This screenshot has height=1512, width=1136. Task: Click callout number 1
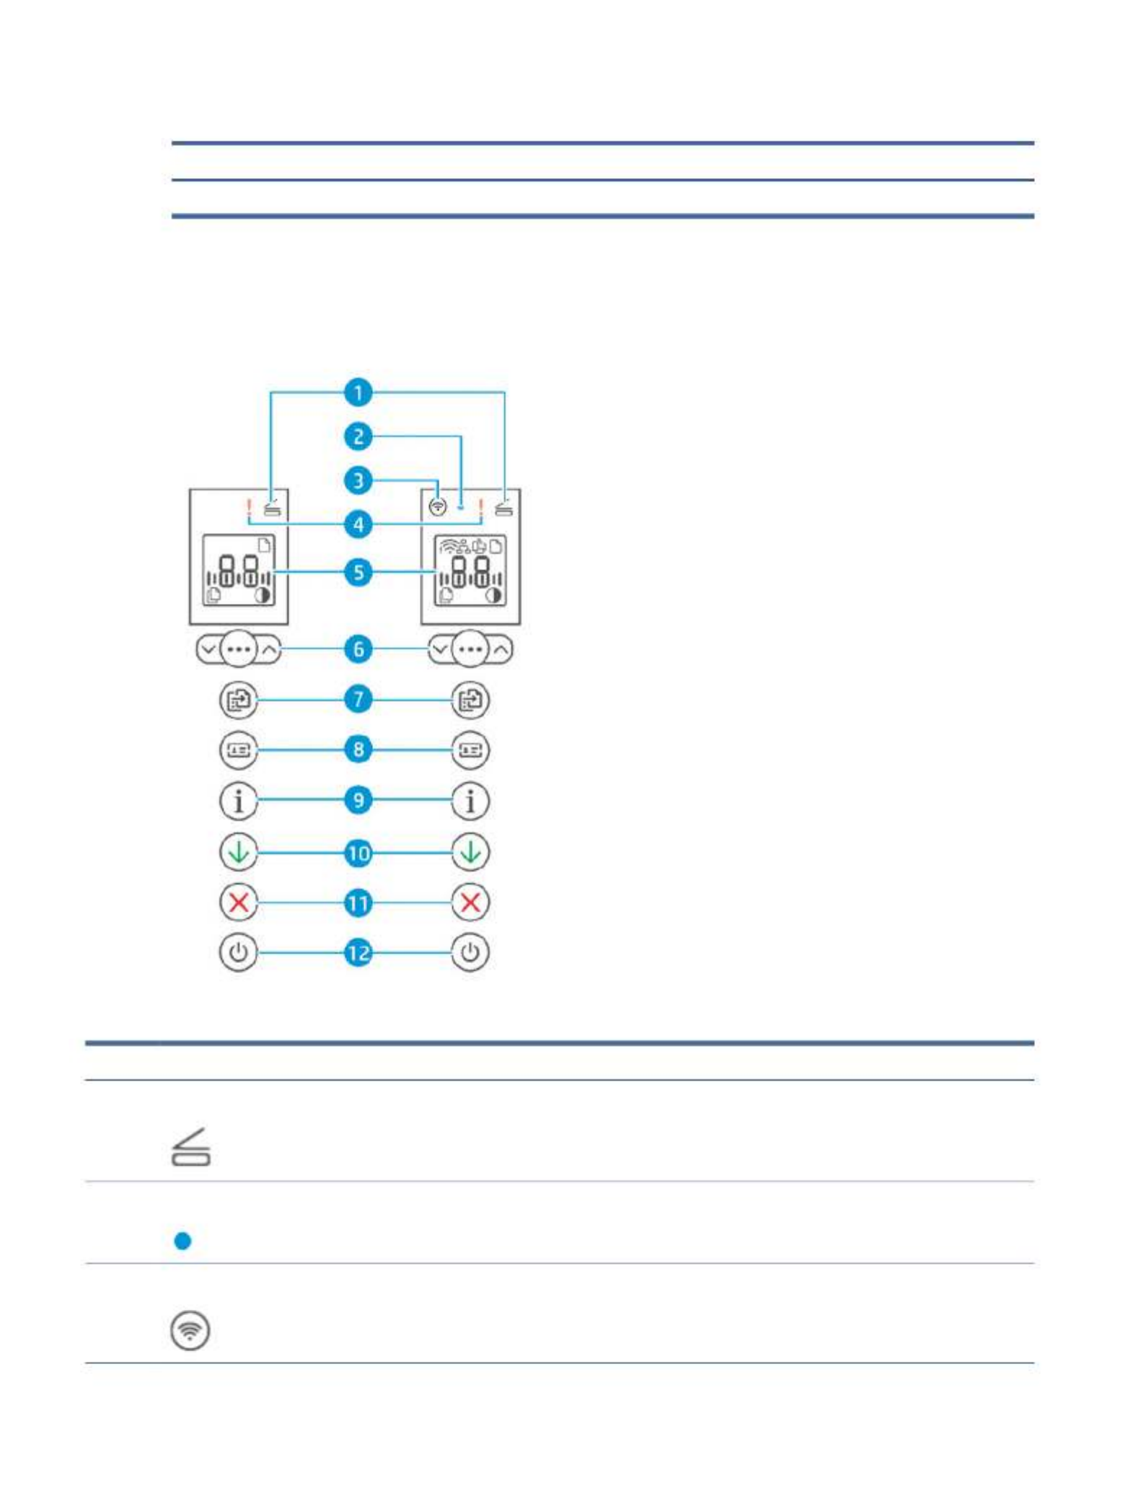358,393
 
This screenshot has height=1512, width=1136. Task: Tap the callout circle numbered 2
358,436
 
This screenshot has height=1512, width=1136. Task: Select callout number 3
358,480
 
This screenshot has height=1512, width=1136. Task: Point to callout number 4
358,524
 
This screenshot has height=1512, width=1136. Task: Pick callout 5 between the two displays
358,573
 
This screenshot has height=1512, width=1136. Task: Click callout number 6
358,649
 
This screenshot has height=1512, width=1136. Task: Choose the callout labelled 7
358,699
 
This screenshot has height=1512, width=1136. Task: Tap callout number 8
358,750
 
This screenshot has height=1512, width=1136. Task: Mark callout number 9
358,800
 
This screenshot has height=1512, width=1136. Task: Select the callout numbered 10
358,853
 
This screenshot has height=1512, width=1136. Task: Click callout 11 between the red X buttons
358,903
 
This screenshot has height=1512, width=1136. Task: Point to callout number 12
358,953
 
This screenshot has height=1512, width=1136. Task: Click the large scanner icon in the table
191,1147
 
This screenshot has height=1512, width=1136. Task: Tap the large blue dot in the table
183,1241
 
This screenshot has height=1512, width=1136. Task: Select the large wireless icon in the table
190,1330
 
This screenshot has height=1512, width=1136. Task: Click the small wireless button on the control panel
437,507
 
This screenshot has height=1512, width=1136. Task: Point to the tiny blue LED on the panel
461,508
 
